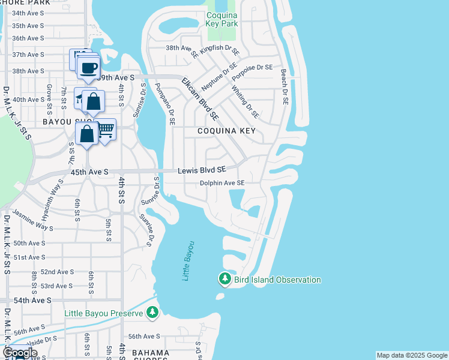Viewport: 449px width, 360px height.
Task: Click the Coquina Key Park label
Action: pyautogui.click(x=222, y=19)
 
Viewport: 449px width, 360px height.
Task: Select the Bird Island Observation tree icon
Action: pyautogui.click(x=225, y=278)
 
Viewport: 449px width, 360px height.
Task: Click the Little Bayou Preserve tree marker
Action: pyautogui.click(x=152, y=312)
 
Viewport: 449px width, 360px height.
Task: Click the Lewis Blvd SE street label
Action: pyautogui.click(x=202, y=171)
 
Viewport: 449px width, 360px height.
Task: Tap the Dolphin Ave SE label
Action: pyautogui.click(x=222, y=183)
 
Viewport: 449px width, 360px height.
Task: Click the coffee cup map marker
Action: pyautogui.click(x=89, y=68)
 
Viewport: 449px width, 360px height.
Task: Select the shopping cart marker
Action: pyautogui.click(x=106, y=130)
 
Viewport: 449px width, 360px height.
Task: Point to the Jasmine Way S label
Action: pyautogui.click(x=33, y=220)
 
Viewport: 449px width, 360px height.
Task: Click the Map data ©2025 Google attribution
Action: pyautogui.click(x=412, y=355)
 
